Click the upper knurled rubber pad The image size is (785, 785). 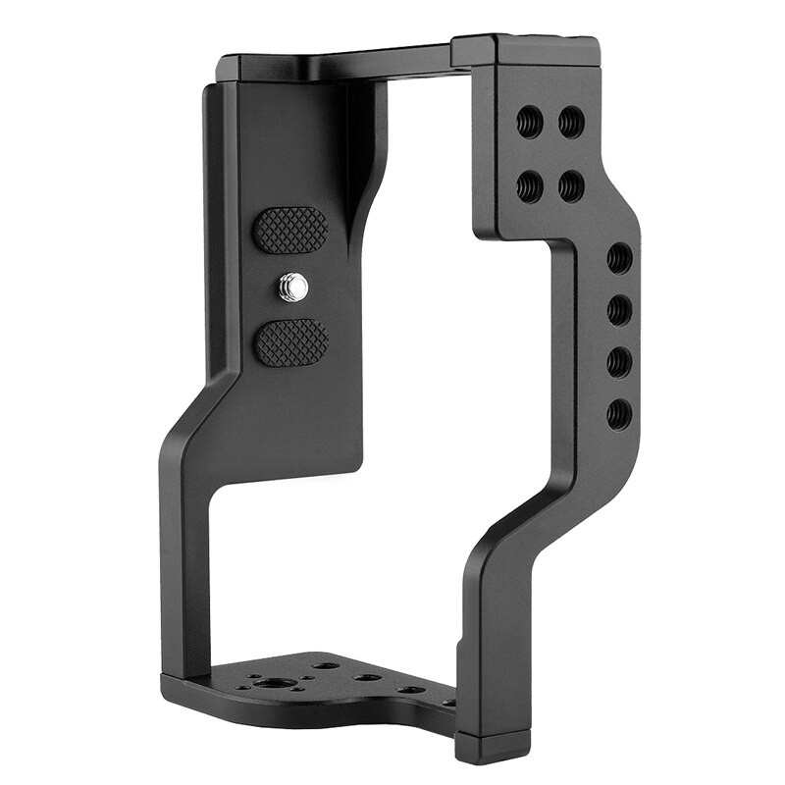coord(290,228)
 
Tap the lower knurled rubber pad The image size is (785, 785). coord(290,342)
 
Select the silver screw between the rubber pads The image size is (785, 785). coord(291,286)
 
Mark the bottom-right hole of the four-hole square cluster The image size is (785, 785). coord(571,185)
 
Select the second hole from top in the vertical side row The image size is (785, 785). coord(619,311)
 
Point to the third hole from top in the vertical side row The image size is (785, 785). coord(619,362)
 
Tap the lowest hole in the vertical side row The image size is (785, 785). coord(619,413)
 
